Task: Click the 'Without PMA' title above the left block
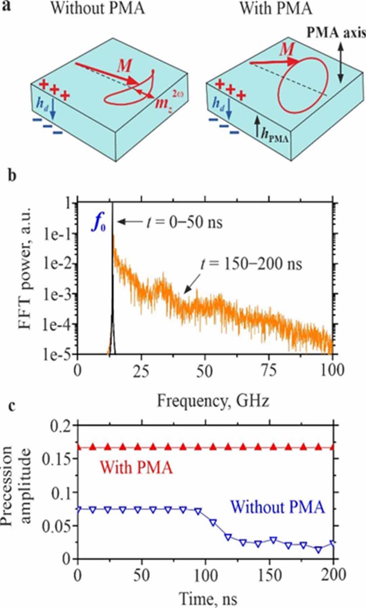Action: tap(97, 8)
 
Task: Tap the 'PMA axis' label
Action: tap(336, 33)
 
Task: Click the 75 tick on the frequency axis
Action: tap(268, 371)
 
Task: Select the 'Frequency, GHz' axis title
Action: tap(213, 400)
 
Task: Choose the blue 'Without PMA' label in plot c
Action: tap(278, 508)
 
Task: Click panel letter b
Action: tap(13, 177)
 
